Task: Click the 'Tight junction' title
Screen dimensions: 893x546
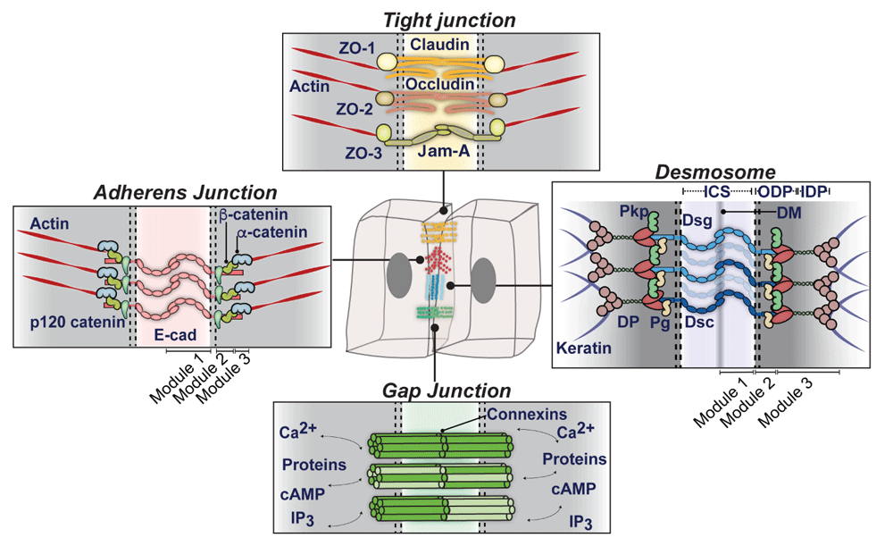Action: click(x=449, y=21)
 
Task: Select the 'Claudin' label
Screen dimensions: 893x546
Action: click(x=439, y=45)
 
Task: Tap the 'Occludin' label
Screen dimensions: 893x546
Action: click(x=439, y=84)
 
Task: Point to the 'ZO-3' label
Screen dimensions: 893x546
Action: click(x=363, y=153)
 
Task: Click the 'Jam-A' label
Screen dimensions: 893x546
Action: click(x=444, y=151)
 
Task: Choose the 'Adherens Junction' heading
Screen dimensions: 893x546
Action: click(x=185, y=193)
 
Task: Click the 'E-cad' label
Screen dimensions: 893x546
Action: click(x=175, y=334)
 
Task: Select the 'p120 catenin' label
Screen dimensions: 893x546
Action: click(x=78, y=323)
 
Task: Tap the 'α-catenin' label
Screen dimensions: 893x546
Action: click(x=272, y=232)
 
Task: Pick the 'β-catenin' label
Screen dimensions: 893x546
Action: click(x=254, y=214)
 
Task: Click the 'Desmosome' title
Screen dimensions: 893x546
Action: click(x=715, y=172)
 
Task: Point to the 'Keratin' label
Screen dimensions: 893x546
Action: click(x=584, y=348)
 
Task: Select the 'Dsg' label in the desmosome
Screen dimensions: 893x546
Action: click(x=697, y=221)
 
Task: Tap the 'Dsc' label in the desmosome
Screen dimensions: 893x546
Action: click(x=699, y=322)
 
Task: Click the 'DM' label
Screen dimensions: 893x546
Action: click(x=789, y=214)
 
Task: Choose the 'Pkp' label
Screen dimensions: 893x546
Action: click(x=634, y=212)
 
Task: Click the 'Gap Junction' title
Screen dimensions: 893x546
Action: click(x=446, y=391)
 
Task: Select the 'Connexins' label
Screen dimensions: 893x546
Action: click(x=527, y=415)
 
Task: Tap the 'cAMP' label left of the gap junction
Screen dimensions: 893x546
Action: click(x=303, y=494)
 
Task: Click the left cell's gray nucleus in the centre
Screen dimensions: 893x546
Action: click(x=399, y=274)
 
